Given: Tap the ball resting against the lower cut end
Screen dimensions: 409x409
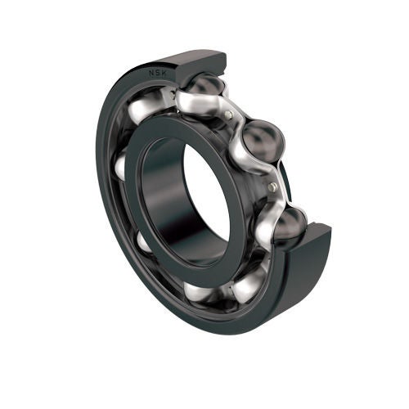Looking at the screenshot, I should point(288,224).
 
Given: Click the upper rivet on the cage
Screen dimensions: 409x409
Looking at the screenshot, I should point(231,115).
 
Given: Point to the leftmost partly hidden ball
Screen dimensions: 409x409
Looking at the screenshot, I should point(120,167).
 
